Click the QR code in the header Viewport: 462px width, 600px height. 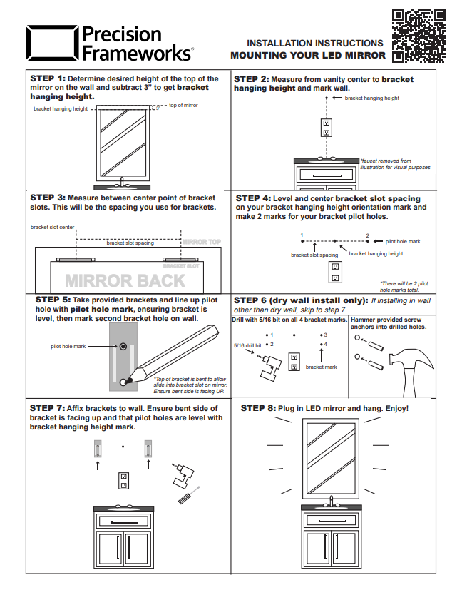[x=419, y=35]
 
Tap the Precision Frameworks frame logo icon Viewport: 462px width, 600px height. [x=52, y=43]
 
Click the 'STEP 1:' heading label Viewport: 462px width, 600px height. [x=48, y=78]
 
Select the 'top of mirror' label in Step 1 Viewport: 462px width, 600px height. [x=183, y=105]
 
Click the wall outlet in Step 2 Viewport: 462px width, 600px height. [x=326, y=127]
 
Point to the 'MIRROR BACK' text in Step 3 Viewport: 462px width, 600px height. [x=125, y=280]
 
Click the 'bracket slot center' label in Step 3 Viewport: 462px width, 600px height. [x=52, y=228]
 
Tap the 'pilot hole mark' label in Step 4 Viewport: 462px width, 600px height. [x=403, y=241]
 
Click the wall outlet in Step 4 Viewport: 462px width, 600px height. [x=334, y=272]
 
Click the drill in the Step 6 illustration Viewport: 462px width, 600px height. [x=266, y=367]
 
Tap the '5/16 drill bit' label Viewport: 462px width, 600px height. [x=247, y=345]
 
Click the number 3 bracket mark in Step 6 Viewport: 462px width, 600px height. [x=325, y=335]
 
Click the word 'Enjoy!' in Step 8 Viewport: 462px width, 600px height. [x=394, y=408]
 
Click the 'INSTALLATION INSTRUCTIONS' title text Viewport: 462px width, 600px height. [x=314, y=44]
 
